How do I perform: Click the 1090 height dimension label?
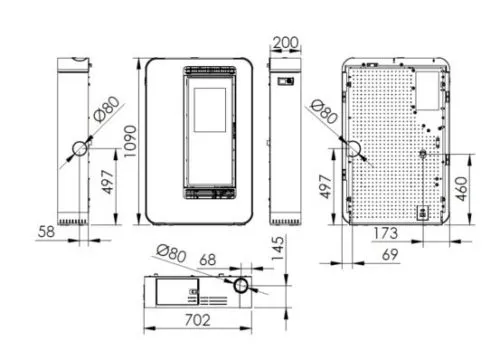click(x=130, y=141)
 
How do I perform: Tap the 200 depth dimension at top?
click(x=285, y=43)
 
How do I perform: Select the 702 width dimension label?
click(x=198, y=320)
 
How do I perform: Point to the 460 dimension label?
click(x=461, y=189)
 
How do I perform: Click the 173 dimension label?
click(x=386, y=233)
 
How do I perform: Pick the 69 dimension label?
click(x=390, y=255)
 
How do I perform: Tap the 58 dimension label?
click(x=46, y=232)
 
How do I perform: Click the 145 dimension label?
click(x=278, y=248)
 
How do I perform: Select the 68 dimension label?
click(x=208, y=260)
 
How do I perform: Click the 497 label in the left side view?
click(x=108, y=182)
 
